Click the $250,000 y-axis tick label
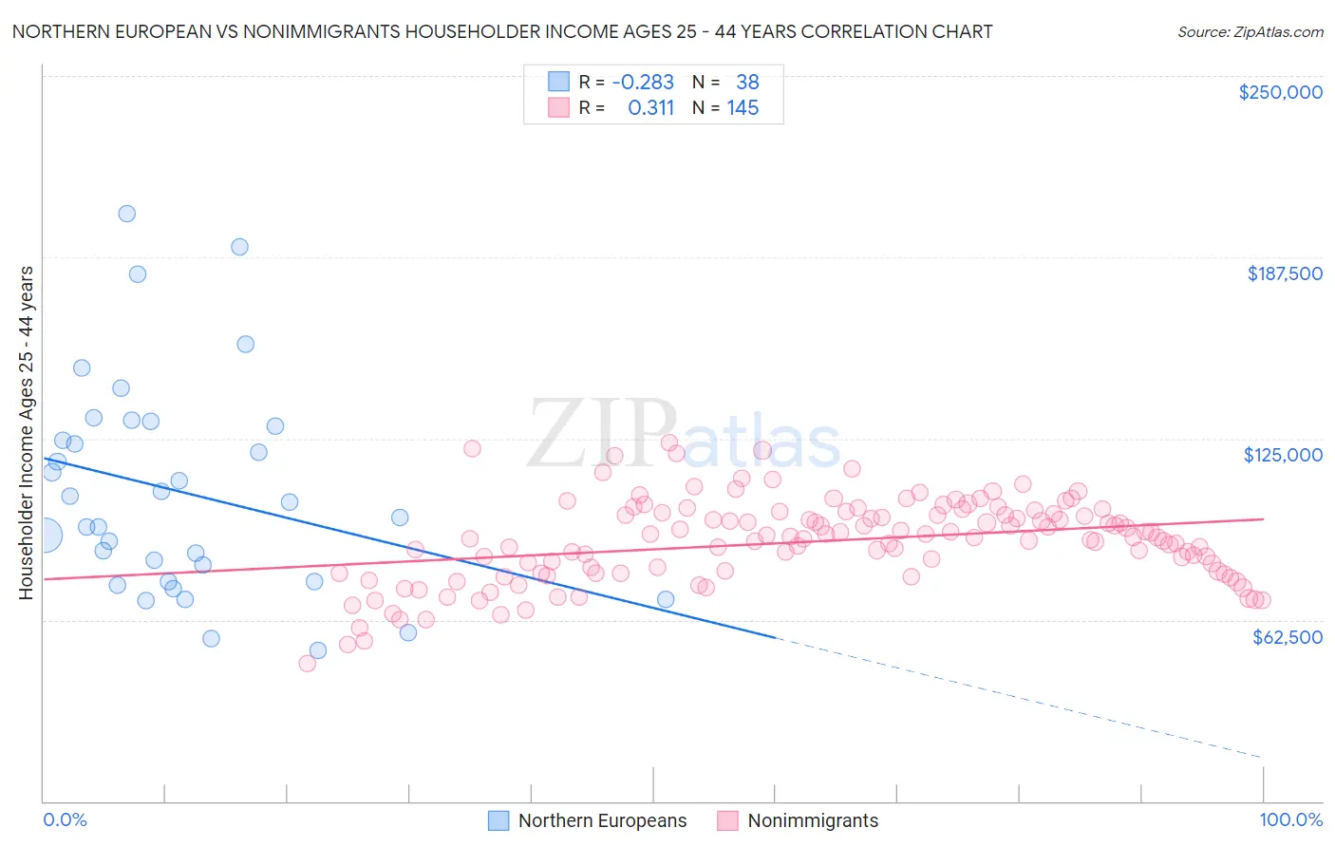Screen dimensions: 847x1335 tap(1280, 92)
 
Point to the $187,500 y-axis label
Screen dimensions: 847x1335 tap(1284, 273)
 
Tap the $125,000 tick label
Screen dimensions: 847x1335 tap(1283, 455)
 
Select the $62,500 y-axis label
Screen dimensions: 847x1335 tap(1287, 637)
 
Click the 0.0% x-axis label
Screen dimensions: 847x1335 tap(65, 819)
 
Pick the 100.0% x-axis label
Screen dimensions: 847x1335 tap(1290, 819)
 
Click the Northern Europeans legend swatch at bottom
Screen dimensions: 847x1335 tap(498, 820)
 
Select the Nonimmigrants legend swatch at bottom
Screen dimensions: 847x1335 tap(727, 820)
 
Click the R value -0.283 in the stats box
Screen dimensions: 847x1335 tap(643, 83)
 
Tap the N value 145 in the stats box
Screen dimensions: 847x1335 tap(743, 108)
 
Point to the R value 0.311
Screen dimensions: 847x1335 tap(650, 108)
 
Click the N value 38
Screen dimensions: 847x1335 tap(747, 83)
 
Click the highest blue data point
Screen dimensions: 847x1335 tap(126, 214)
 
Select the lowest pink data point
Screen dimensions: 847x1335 tap(307, 664)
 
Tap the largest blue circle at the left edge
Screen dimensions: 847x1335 tap(46, 536)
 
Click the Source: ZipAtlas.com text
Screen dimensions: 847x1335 tap(1250, 32)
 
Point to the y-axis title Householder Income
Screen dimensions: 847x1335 tap(26, 433)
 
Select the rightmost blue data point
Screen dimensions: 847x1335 tap(666, 599)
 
